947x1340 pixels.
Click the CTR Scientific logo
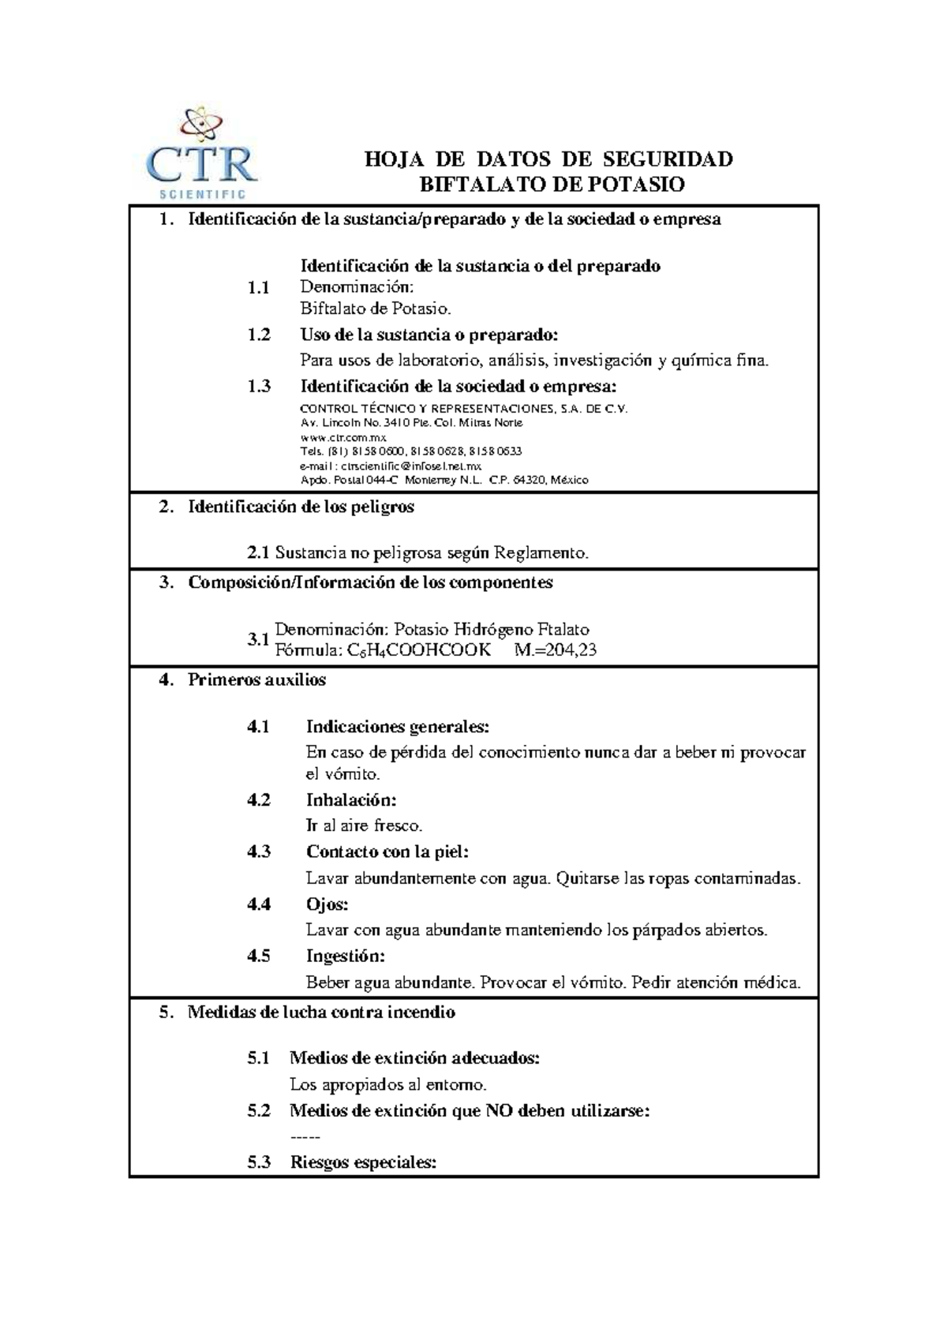(203, 154)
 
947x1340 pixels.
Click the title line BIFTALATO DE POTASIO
(550, 185)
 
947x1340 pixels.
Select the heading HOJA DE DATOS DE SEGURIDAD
(548, 159)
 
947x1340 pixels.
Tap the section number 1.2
(258, 335)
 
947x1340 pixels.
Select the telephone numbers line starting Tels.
(410, 451)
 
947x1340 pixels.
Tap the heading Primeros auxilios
(256, 680)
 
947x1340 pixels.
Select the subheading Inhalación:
(350, 800)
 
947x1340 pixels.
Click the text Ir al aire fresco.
(364, 826)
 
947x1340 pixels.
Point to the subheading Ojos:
(327, 904)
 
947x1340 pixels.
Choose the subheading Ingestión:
(345, 956)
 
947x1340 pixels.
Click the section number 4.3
(258, 852)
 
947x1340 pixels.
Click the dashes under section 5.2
(305, 1137)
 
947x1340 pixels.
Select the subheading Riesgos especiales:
(362, 1162)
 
